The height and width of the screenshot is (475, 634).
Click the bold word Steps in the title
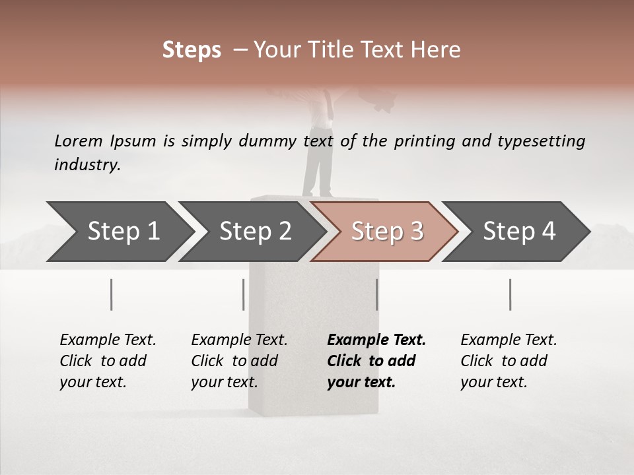pyautogui.click(x=192, y=50)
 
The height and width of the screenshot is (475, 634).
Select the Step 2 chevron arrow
pyautogui.click(x=255, y=231)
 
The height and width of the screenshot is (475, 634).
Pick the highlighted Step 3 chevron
pyautogui.click(x=387, y=231)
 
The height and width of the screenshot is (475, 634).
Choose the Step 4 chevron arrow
pyautogui.click(x=519, y=231)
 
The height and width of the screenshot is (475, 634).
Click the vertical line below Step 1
pyautogui.click(x=112, y=294)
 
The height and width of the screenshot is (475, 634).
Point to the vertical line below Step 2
pyautogui.click(x=244, y=294)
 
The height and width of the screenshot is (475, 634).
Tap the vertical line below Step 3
pyautogui.click(x=376, y=294)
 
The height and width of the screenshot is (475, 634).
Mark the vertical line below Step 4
pyautogui.click(x=510, y=294)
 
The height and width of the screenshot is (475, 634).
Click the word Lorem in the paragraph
pyautogui.click(x=79, y=141)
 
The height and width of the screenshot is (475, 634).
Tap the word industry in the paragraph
pyautogui.click(x=87, y=164)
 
